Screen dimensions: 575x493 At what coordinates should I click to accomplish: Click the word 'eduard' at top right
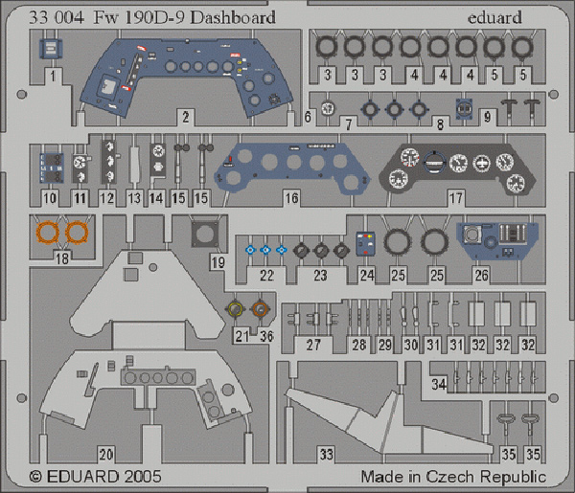coord(494,17)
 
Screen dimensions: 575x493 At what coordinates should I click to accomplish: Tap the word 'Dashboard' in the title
coord(233,17)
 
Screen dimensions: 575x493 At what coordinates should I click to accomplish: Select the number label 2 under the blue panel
coord(186,117)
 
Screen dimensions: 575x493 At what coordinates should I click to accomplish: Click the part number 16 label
coord(291,198)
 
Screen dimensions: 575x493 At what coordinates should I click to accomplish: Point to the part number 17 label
coord(456,198)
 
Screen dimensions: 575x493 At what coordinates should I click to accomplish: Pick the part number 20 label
coord(106,454)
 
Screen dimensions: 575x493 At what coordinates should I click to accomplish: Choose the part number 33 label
coord(327,454)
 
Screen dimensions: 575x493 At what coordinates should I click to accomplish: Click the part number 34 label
coord(439,384)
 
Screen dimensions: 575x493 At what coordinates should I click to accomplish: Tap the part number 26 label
coord(481,275)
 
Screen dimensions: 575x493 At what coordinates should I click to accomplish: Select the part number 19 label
coord(218,262)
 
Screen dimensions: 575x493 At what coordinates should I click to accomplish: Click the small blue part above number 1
coord(51,49)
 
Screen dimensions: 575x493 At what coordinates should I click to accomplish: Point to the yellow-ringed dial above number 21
coord(235,310)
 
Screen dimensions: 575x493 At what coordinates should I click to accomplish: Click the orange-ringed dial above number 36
coord(260,310)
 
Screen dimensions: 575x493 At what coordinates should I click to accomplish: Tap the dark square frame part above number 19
coord(205,234)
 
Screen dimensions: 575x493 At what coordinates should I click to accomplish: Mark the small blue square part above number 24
coord(365,243)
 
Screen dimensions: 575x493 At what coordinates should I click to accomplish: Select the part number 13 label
coord(134,198)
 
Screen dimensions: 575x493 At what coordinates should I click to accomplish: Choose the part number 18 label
coord(62,258)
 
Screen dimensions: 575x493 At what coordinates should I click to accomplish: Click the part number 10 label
coord(50,198)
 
